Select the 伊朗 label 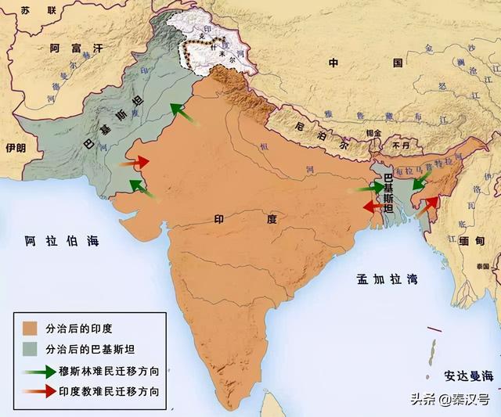tap(15, 147)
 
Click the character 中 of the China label tap(333, 62)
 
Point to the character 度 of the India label tap(272, 220)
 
